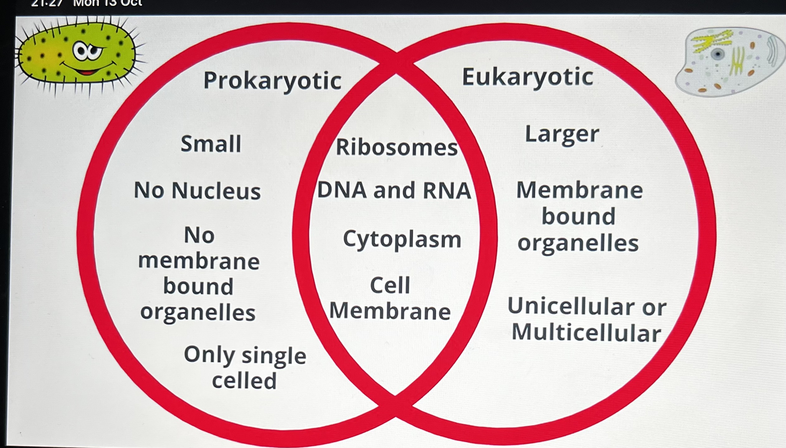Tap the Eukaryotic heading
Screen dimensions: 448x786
[528, 77]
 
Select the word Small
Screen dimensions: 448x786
[211, 144]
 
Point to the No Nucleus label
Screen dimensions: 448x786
[197, 191]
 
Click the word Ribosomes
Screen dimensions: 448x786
[397, 147]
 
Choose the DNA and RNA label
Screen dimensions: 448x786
[394, 190]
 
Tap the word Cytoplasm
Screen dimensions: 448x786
[402, 240]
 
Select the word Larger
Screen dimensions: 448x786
[562, 134]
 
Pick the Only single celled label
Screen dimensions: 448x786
[245, 368]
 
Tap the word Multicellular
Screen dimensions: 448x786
[586, 332]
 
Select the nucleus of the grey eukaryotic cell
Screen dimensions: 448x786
[718, 54]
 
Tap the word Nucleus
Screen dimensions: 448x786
[216, 191]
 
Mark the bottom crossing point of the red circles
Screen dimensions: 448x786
[395, 404]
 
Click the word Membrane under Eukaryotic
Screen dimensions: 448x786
[579, 190]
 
